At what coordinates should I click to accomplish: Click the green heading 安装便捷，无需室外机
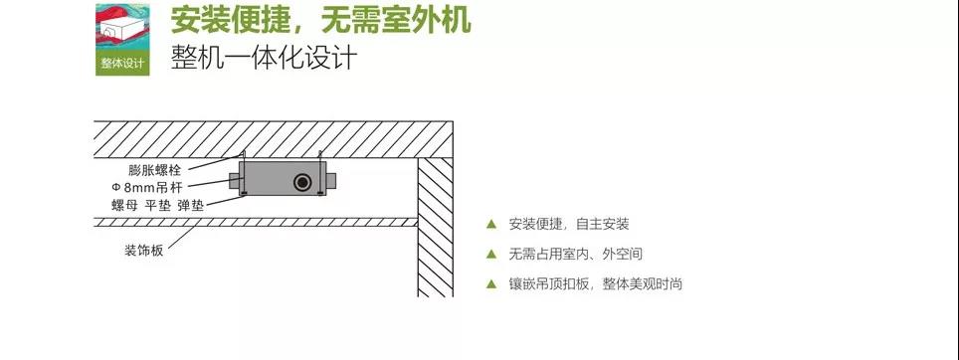[318, 20]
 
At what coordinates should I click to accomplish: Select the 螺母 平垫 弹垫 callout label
[157, 205]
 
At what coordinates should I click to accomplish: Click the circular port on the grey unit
[299, 182]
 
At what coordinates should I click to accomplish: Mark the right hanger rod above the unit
[321, 158]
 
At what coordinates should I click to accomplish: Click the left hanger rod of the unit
[244, 158]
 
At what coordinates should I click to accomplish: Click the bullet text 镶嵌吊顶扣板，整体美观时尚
[595, 284]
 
